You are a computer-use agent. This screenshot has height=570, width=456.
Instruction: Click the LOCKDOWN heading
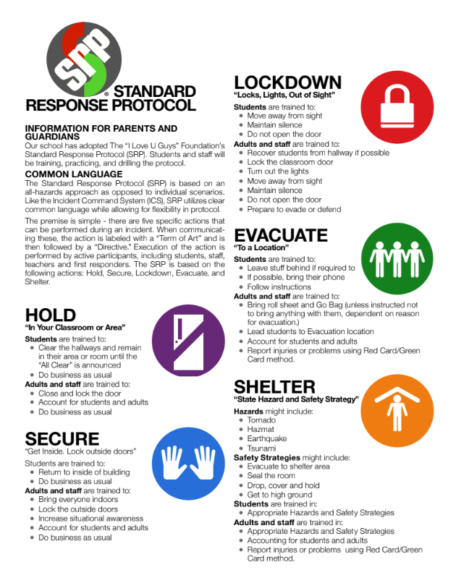(x=287, y=82)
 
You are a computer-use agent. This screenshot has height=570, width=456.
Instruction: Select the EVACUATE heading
(x=281, y=236)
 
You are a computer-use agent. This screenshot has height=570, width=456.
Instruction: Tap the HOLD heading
(x=50, y=315)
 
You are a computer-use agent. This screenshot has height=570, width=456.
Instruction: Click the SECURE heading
(x=62, y=438)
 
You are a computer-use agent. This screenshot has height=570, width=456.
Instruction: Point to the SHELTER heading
(x=274, y=386)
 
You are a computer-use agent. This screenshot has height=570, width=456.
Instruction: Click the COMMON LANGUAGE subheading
(x=73, y=174)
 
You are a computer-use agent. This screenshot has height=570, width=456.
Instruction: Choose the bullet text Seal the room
(x=271, y=475)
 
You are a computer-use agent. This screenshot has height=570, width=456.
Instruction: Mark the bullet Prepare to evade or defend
(x=294, y=209)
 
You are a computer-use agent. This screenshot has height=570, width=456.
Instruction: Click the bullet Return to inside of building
(x=85, y=472)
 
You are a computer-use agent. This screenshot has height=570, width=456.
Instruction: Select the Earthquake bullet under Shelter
(x=267, y=439)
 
